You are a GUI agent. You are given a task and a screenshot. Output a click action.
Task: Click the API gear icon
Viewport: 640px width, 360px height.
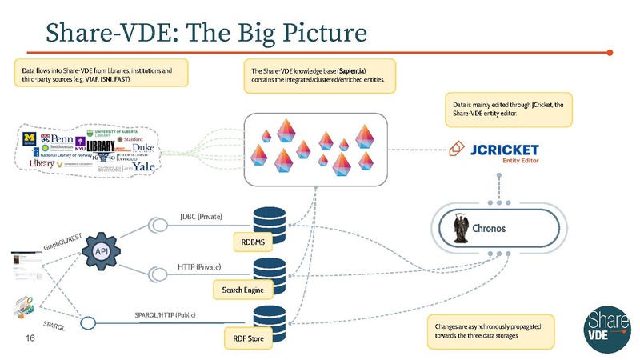point(102,251)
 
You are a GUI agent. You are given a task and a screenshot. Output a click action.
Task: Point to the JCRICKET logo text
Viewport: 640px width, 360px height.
point(506,149)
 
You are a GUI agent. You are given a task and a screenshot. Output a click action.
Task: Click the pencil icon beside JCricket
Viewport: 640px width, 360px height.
point(458,149)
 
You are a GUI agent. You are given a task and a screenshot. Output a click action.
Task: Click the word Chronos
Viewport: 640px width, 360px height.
point(505,227)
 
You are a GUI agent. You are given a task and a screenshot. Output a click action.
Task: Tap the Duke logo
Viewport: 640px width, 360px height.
point(143,149)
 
